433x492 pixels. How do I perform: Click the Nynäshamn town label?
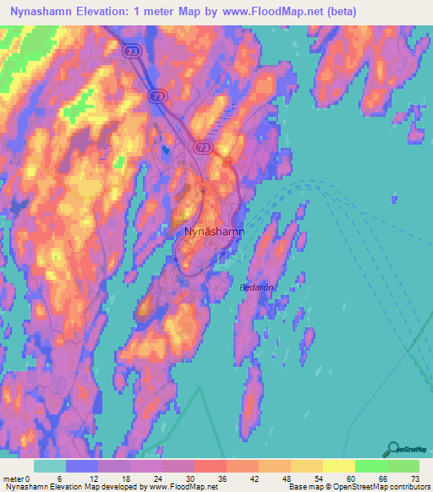click(x=215, y=230)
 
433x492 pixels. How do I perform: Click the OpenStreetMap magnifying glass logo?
click(x=392, y=449)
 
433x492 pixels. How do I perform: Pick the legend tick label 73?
click(x=414, y=478)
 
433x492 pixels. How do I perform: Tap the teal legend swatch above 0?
click(x=49, y=466)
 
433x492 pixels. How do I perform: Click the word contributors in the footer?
click(x=408, y=487)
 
